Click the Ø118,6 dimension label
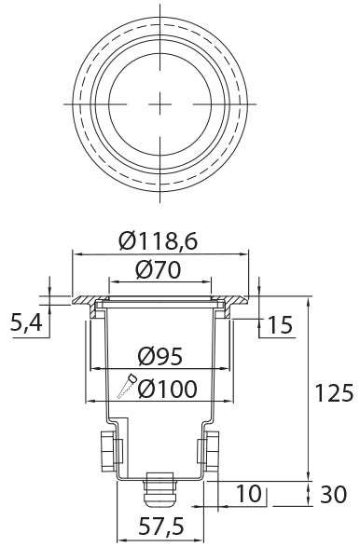(x=160, y=241)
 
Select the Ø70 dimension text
(x=158, y=271)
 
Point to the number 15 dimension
(x=279, y=325)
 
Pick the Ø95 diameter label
(x=159, y=356)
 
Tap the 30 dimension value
(x=334, y=495)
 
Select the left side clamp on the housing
(x=109, y=450)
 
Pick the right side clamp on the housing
(x=210, y=450)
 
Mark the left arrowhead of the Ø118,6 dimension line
(x=76, y=253)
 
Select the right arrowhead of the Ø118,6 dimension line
(x=246, y=253)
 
